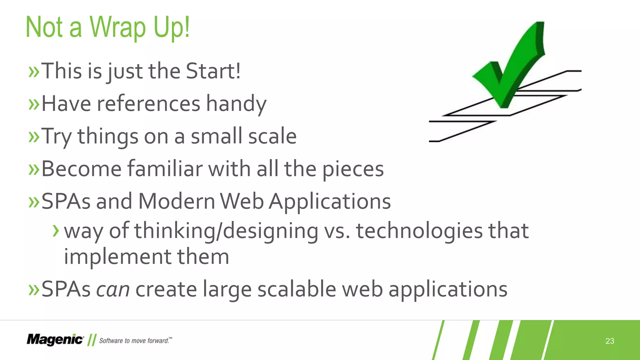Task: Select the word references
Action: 148,104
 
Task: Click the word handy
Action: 236,104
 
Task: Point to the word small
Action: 217,136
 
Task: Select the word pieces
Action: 353,169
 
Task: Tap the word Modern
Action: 176,201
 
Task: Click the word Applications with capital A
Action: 330,202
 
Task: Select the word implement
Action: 117,257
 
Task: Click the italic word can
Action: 112,289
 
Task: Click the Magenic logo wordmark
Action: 55,340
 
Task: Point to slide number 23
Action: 610,341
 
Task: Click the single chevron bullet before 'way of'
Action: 56,231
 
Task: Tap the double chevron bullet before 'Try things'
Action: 34,137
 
